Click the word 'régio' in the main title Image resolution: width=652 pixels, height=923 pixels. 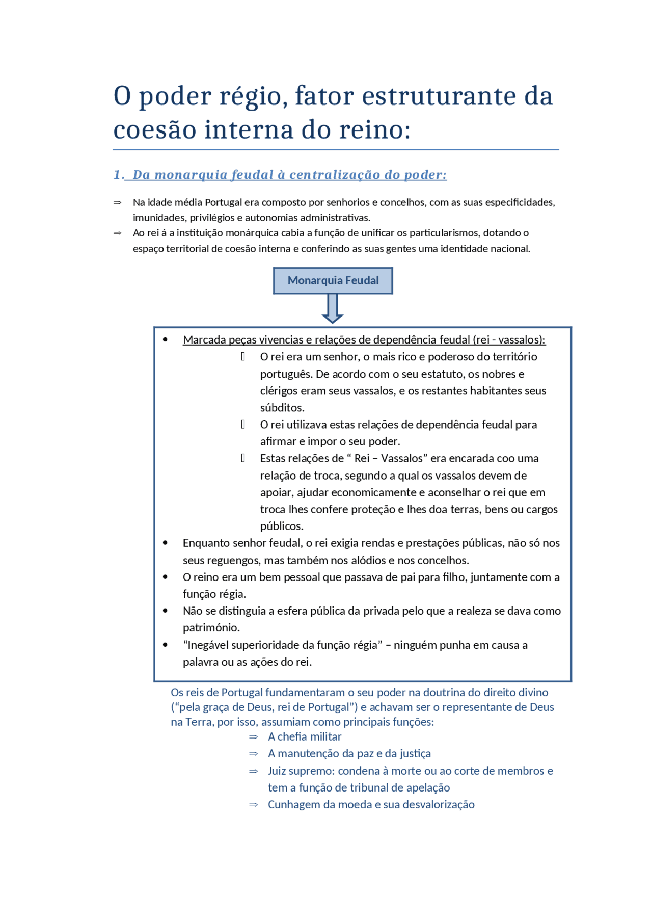[250, 97]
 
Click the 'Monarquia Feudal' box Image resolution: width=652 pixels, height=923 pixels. [333, 280]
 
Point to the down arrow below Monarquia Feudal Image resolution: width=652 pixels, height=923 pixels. [332, 309]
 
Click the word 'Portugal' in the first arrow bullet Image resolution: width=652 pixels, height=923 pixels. [223, 202]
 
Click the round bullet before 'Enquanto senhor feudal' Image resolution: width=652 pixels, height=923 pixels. [165, 543]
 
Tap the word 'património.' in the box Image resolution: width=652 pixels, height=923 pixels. [211, 628]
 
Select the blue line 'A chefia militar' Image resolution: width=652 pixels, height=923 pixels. [305, 736]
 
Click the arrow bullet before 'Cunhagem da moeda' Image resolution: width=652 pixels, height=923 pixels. [253, 805]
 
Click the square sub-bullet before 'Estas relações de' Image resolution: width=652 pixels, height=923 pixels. [243, 458]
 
